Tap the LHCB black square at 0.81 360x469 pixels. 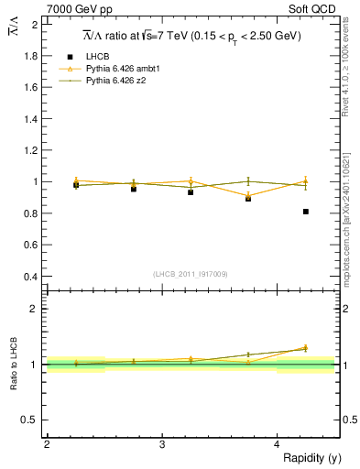pyautogui.click(x=306, y=212)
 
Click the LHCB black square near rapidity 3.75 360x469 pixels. pyautogui.click(x=248, y=199)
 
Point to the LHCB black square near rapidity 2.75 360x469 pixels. pyautogui.click(x=134, y=189)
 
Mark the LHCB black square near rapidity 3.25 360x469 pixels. pyautogui.click(x=191, y=192)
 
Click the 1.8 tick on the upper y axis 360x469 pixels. pyautogui.click(x=32, y=56)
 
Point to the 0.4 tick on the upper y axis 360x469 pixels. pyautogui.click(x=32, y=277)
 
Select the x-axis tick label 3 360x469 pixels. pyautogui.click(x=161, y=444)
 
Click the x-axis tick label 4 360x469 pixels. pyautogui.click(x=277, y=444)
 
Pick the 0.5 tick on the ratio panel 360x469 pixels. pyautogui.click(x=32, y=420)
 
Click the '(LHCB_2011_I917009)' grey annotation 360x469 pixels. pyautogui.click(x=191, y=274)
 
